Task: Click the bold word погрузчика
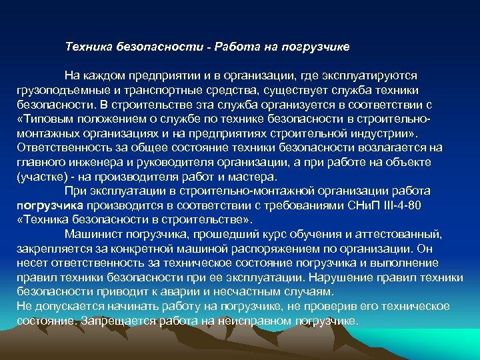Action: tap(50, 205)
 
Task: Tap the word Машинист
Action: tap(93, 234)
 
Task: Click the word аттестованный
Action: tap(399, 234)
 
